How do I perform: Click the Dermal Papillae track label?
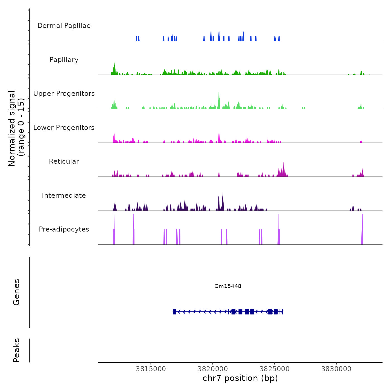pos(64,26)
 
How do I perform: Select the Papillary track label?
pos(64,60)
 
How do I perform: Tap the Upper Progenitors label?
pos(64,94)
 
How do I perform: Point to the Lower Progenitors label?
pos(64,128)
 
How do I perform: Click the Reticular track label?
pos(64,161)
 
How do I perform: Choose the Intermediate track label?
pos(64,195)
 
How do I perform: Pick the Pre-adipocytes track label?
pos(64,229)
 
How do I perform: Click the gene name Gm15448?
pos(228,286)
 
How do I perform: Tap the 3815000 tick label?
pos(151,369)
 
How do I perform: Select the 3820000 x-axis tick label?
pos(213,369)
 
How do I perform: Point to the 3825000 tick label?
pos(275,369)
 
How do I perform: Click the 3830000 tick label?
pos(336,369)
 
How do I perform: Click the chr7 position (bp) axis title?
pos(240,378)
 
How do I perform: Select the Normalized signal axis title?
pos(16,128)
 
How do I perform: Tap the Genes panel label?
pos(16,292)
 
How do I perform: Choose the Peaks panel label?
pos(16,350)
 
